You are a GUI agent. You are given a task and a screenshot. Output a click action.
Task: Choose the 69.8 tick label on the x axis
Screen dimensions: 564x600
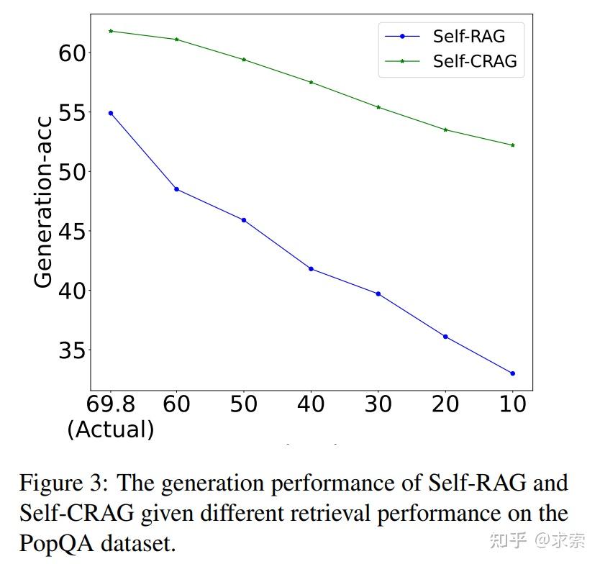(x=110, y=404)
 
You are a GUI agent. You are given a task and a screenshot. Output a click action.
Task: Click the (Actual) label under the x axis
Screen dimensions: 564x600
(x=110, y=429)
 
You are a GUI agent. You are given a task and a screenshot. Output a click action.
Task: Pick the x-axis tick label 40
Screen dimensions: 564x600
(x=311, y=404)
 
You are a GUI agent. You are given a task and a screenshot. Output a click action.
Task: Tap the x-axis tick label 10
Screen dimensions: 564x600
(x=512, y=404)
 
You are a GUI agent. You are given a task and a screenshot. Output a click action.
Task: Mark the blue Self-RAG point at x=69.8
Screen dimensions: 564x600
(x=110, y=113)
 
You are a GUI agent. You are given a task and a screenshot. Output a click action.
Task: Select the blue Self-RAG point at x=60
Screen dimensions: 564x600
(x=177, y=189)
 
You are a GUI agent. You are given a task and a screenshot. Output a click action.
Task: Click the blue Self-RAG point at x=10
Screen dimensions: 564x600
(x=512, y=373)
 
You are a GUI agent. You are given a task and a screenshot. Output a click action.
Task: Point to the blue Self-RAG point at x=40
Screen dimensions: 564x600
(x=311, y=268)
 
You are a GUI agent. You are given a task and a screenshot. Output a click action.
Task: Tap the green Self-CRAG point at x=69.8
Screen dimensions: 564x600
(x=110, y=31)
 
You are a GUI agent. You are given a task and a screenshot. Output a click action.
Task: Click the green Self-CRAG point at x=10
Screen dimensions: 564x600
(x=512, y=145)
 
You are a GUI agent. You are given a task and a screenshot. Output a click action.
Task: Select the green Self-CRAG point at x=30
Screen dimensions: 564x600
(x=378, y=107)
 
